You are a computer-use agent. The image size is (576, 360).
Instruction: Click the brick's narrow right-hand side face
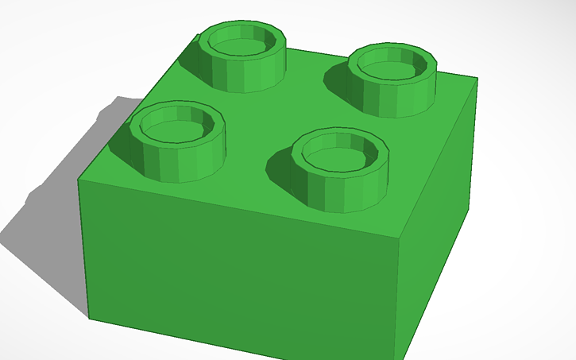tap(437, 215)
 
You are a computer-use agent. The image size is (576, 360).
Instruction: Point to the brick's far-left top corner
tap(78, 180)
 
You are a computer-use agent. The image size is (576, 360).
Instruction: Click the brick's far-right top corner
tap(477, 78)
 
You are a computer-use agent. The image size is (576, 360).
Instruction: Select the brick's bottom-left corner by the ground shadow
tap(88, 319)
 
